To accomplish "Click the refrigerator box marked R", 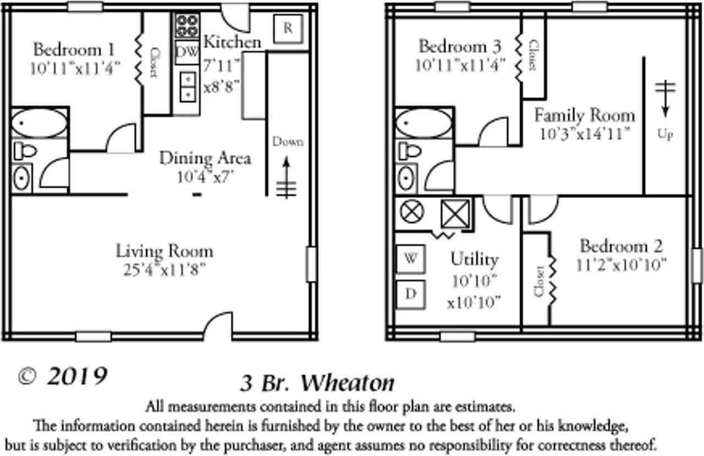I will (x=288, y=28).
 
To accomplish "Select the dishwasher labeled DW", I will (x=187, y=53).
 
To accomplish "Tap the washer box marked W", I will (x=411, y=259).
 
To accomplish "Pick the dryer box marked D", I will (x=411, y=294).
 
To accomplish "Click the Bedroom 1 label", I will (x=74, y=50).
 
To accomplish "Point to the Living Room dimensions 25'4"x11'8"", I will (x=164, y=270).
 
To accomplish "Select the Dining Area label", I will (x=205, y=158).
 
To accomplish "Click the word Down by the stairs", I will (x=288, y=142).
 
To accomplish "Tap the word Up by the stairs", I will (x=665, y=134).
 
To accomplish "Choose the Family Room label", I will (x=584, y=116).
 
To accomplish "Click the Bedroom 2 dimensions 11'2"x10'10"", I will (x=621, y=264).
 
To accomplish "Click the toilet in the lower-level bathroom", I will (x=25, y=150).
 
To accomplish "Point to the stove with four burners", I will (x=188, y=25).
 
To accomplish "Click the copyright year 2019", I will (x=77, y=377).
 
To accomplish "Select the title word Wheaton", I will (x=348, y=383).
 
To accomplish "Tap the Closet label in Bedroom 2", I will (x=539, y=281).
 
